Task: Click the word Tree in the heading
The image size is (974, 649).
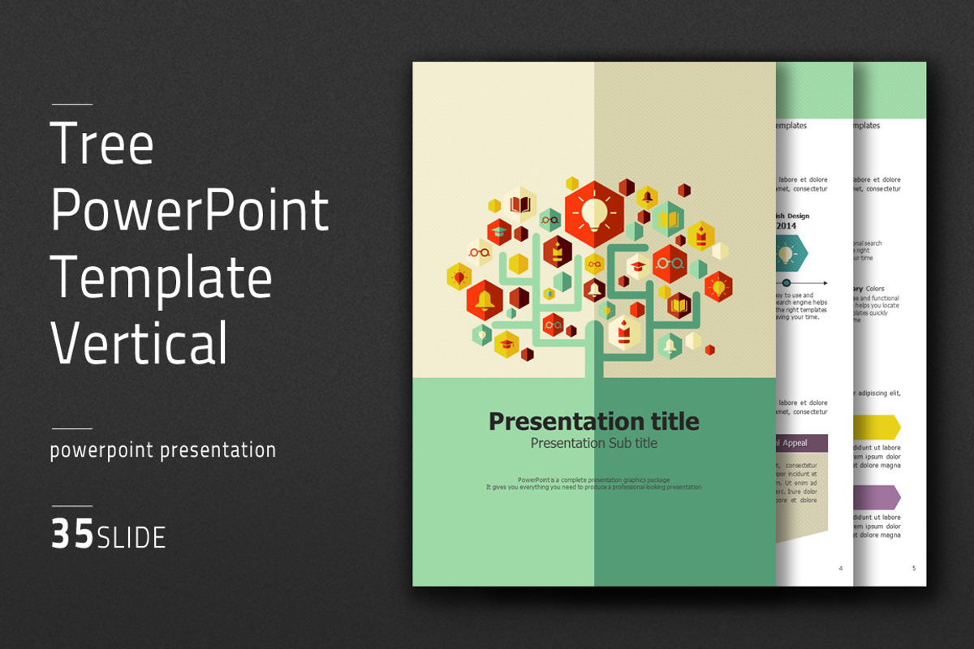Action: (102, 144)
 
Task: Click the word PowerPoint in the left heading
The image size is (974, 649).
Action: (190, 210)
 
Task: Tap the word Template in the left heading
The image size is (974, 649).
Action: (162, 277)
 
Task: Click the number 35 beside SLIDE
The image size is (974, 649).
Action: (72, 535)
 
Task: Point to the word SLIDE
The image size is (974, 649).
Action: (131, 537)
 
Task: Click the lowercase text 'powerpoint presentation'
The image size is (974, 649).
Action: (162, 450)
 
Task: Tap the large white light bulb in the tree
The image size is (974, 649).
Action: (595, 213)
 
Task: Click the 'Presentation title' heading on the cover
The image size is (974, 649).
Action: (593, 421)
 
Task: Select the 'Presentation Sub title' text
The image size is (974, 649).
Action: (593, 444)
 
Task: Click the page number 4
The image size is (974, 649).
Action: (840, 568)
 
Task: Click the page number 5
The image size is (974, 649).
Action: (913, 568)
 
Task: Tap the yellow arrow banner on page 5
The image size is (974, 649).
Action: (877, 427)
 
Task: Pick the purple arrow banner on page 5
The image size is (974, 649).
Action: (877, 497)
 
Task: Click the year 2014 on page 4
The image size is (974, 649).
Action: (786, 226)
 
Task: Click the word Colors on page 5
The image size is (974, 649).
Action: (874, 289)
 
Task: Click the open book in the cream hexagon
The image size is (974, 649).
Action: (520, 204)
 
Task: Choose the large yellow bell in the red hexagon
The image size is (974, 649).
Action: (485, 300)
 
